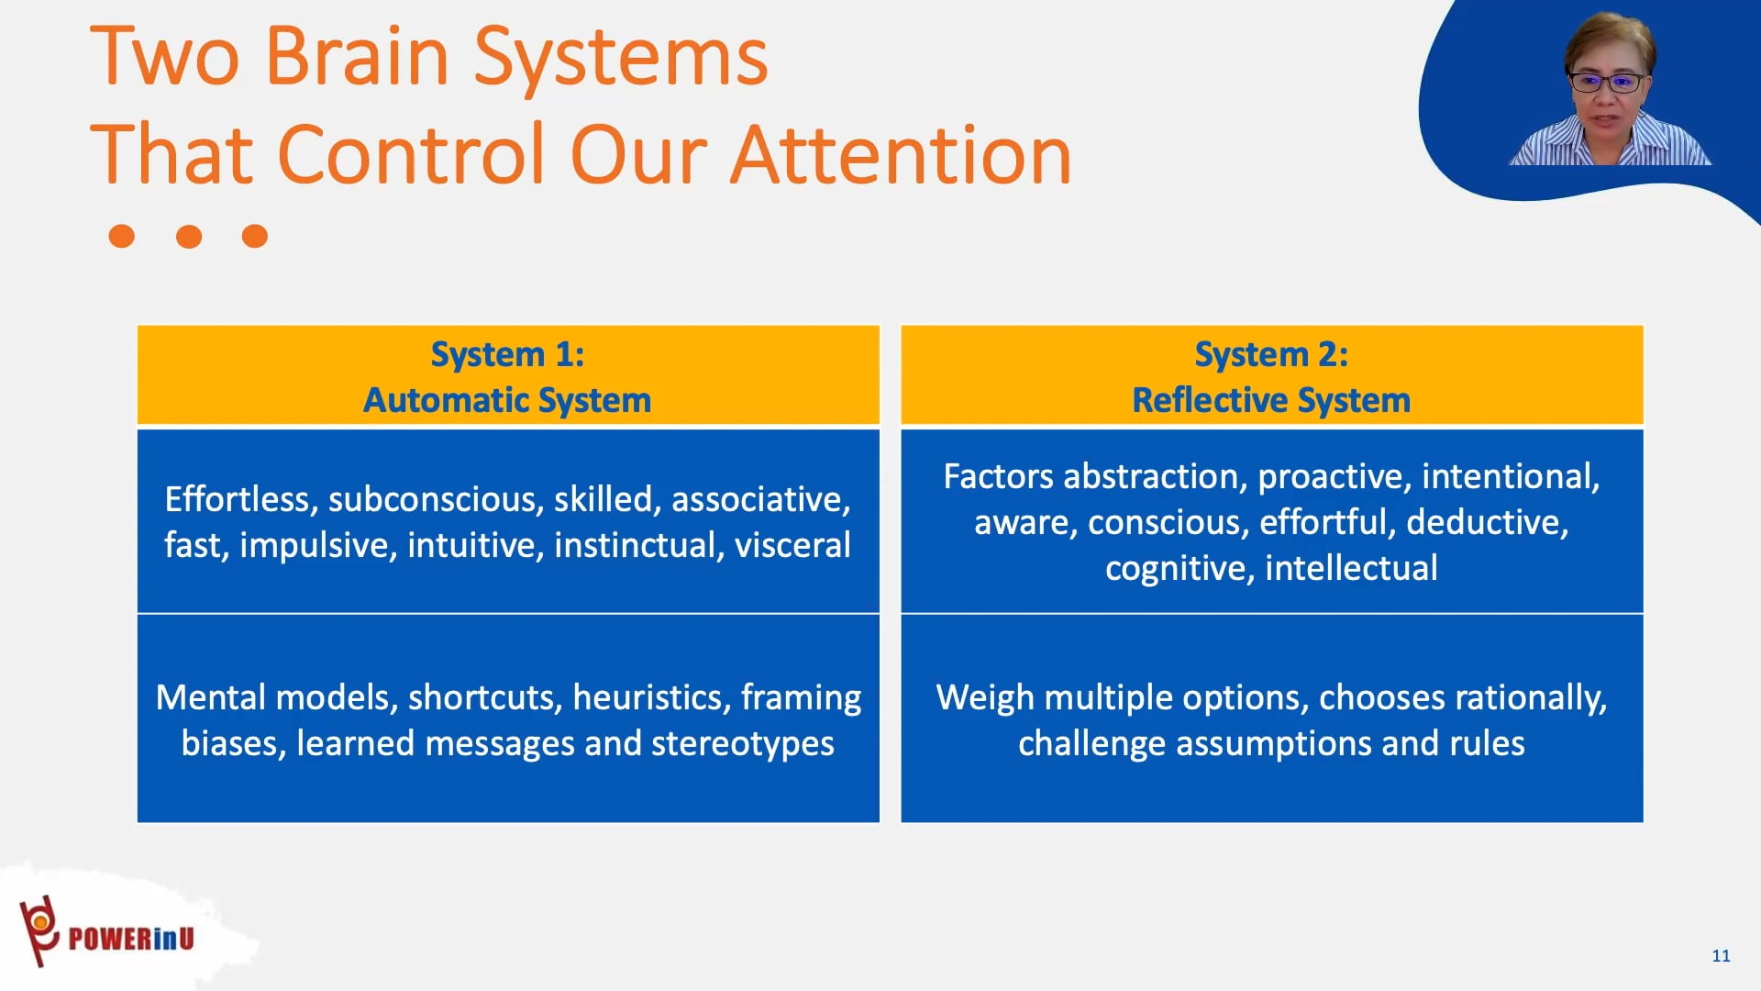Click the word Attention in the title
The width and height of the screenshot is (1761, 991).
[x=901, y=155]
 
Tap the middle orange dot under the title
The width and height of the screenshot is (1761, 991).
[x=189, y=237]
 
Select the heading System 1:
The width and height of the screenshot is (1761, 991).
[x=507, y=354]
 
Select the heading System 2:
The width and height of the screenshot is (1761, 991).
[x=1271, y=354]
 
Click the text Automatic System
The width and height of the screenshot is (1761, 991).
[x=507, y=400]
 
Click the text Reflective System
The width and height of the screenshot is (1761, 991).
[x=1271, y=400]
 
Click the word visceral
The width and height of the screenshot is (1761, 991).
[x=792, y=545]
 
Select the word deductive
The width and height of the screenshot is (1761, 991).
[x=1486, y=522]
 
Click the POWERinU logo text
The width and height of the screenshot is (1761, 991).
[x=131, y=939]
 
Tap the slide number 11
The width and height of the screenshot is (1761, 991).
[x=1721, y=955]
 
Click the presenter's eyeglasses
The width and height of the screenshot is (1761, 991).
[x=1608, y=83]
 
